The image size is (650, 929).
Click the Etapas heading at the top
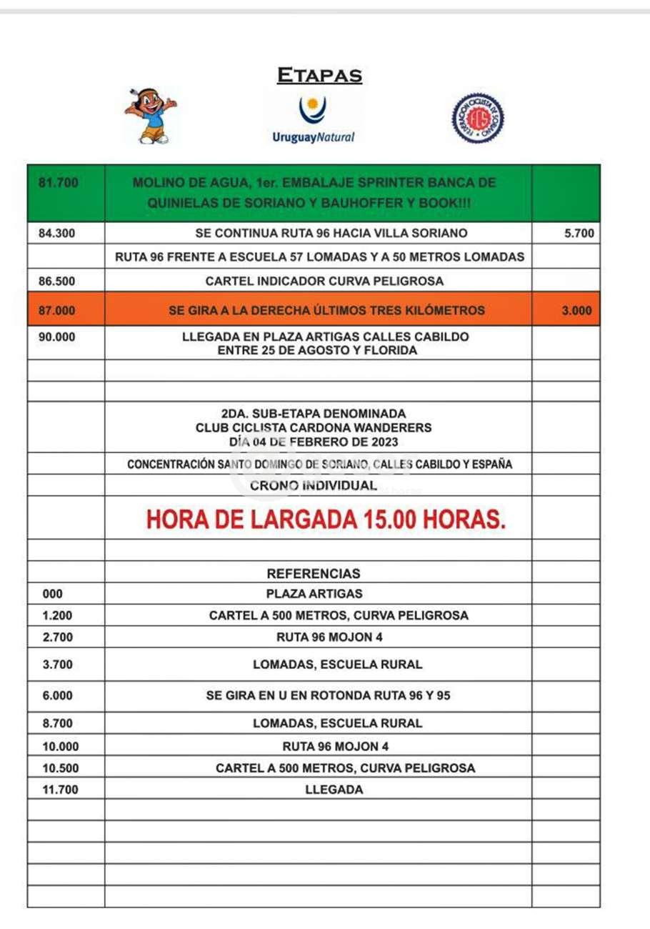coord(319,75)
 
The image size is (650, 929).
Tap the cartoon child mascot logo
coord(149,116)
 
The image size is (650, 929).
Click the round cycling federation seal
coord(477,119)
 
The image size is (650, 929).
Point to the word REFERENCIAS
coord(314,573)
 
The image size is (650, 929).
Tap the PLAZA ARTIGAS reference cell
coord(314,593)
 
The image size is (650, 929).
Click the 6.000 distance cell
coord(56,695)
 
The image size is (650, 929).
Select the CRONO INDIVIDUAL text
coord(314,486)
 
